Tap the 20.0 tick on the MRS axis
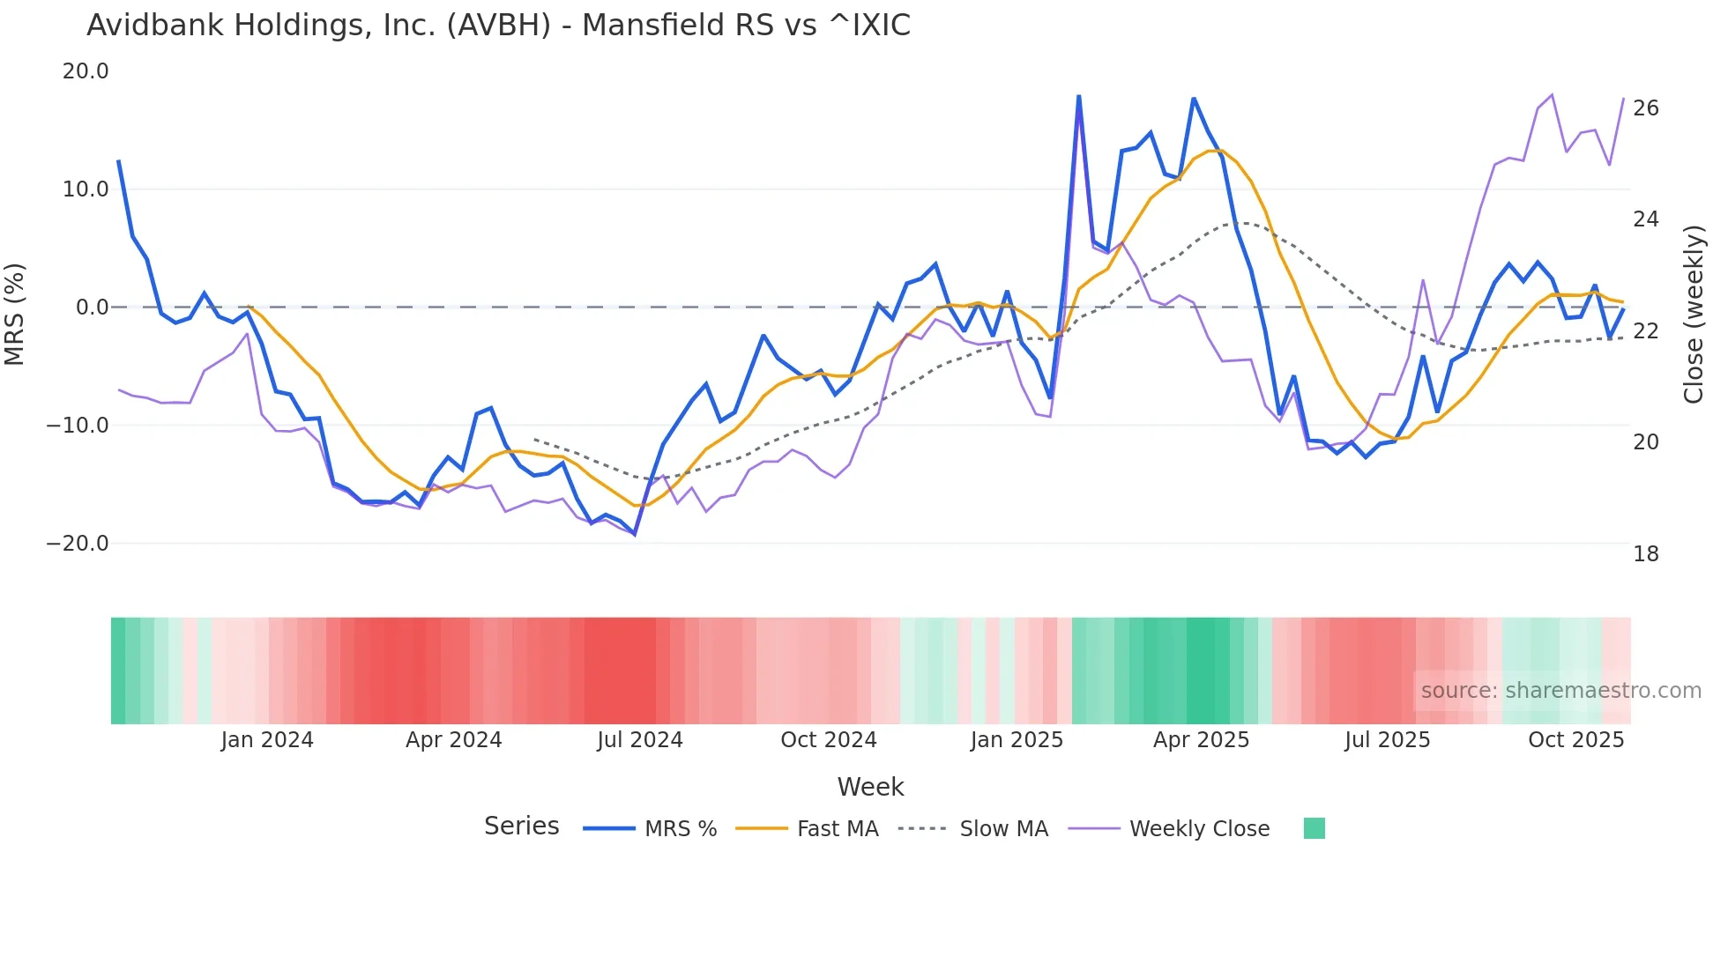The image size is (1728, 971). coord(86,71)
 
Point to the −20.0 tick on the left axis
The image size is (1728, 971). coord(78,544)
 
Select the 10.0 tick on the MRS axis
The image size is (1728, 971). coord(86,189)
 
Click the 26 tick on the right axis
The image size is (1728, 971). coord(1645,108)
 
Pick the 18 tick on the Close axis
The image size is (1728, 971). coord(1645,554)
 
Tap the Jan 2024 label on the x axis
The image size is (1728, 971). coord(267,740)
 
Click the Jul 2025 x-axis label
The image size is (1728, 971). coord(1387,740)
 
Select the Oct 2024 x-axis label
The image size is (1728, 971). coord(828,740)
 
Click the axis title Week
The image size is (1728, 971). coord(870,787)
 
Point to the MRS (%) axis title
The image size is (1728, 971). coord(15,314)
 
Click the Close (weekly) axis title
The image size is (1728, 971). coord(1694,314)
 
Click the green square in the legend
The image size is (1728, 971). coord(1314,828)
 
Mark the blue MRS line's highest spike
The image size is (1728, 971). coord(1079,96)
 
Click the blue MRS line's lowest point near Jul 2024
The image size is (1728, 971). coord(635,534)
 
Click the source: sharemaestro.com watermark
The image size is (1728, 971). coord(1560,691)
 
